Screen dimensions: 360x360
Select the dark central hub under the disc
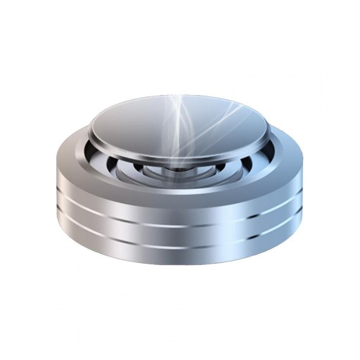(180, 169)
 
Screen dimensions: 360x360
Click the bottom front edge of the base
(180, 266)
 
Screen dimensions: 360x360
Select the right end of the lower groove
(302, 222)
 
